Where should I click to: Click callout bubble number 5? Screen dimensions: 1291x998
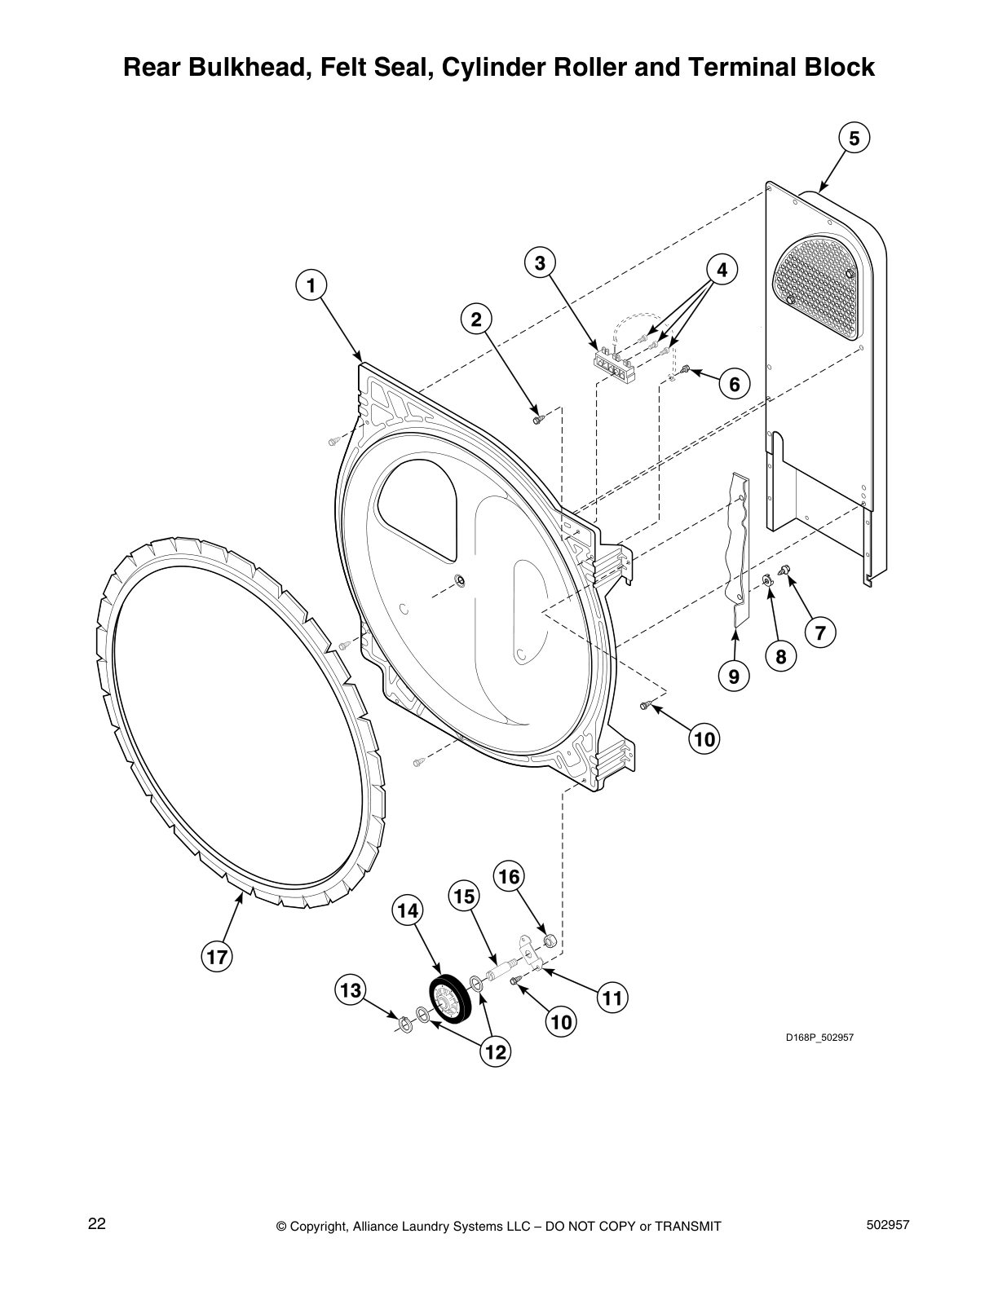coord(854,139)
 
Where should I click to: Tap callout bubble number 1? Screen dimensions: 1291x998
coord(310,285)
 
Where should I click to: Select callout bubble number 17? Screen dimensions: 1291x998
coord(218,958)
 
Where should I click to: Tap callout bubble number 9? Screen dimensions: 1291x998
coord(734,676)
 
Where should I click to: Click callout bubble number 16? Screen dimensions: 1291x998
coord(509,877)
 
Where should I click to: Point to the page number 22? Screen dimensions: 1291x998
coord(97,1223)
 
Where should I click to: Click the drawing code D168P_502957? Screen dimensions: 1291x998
coord(819,1038)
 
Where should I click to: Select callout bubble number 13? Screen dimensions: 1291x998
coord(351,991)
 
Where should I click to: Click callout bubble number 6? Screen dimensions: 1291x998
coord(734,384)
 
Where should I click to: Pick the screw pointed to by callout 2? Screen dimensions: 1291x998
coord(537,419)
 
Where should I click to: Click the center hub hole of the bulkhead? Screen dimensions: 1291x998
coord(460,580)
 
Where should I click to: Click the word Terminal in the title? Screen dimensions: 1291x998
coord(726,67)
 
